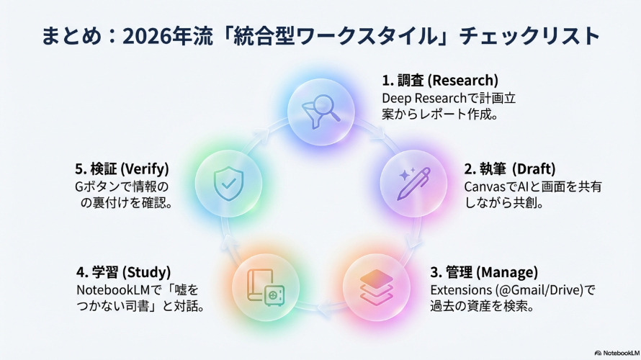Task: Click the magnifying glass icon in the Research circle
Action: (x=321, y=112)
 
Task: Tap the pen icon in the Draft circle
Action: (x=414, y=184)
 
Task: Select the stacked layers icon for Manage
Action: (x=377, y=287)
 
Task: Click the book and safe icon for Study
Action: (x=266, y=287)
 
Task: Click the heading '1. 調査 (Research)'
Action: (x=440, y=81)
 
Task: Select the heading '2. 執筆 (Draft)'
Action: (x=510, y=168)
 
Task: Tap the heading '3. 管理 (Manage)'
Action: (x=484, y=272)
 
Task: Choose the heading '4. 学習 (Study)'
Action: (x=123, y=272)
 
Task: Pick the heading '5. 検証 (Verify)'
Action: (x=122, y=168)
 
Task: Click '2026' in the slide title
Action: (x=146, y=37)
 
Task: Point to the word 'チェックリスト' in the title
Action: (x=529, y=36)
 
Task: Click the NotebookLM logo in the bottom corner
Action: (x=617, y=353)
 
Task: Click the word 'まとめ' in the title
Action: (x=71, y=36)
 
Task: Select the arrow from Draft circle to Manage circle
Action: (x=416, y=235)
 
